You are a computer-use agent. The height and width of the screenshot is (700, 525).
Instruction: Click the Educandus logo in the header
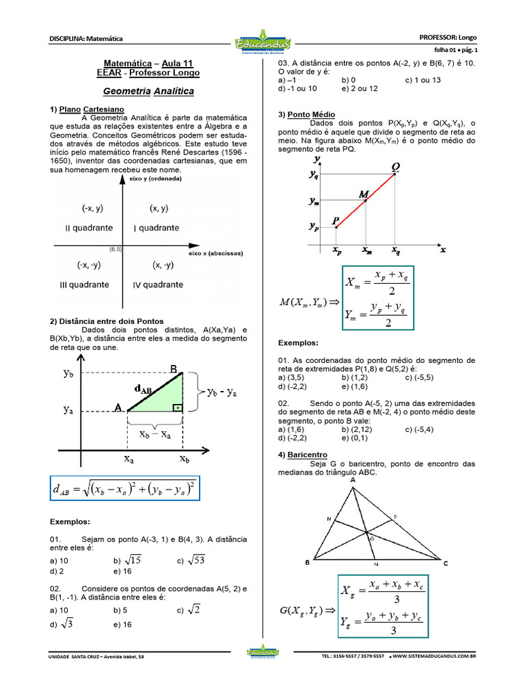click(262, 43)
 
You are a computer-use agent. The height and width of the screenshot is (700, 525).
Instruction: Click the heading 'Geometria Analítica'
click(148, 91)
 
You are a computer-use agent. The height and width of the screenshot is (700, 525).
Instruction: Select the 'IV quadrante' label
click(157, 284)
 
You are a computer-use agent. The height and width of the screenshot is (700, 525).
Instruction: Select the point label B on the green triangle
click(174, 370)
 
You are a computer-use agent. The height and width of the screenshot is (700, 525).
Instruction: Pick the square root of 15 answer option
click(131, 560)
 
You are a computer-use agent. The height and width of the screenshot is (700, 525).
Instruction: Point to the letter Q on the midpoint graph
click(396, 166)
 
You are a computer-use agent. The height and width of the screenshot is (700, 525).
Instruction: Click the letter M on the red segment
click(364, 193)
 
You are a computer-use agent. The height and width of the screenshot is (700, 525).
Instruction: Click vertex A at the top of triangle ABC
click(353, 481)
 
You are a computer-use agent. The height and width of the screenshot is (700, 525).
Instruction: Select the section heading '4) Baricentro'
click(303, 455)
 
